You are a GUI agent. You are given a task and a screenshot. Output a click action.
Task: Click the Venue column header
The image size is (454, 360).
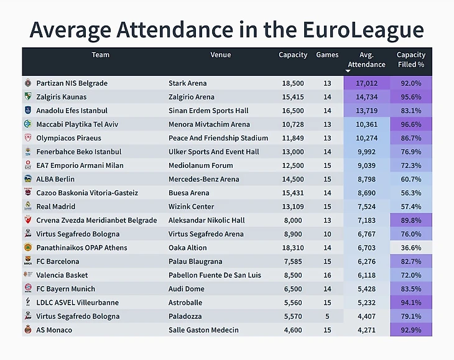tap(220, 55)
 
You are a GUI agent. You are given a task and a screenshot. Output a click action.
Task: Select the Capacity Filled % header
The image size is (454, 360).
tap(410, 60)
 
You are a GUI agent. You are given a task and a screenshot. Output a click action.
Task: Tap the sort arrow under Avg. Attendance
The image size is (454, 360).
tap(348, 72)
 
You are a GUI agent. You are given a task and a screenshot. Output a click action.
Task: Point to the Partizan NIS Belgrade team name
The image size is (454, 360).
tap(72, 83)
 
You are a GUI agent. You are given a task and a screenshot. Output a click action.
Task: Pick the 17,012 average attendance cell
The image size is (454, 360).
tap(366, 83)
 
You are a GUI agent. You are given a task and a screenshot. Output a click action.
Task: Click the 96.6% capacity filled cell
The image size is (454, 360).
tap(410, 124)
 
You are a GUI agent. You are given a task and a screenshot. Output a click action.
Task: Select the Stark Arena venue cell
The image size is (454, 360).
tap(187, 83)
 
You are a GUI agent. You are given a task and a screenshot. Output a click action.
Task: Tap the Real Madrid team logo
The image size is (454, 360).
tap(27, 206)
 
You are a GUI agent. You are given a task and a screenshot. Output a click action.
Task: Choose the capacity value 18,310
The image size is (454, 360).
tap(292, 247)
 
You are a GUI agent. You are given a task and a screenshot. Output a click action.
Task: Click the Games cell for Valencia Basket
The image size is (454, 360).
tap(327, 275)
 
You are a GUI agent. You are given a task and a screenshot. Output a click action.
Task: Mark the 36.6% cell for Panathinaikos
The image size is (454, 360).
tap(410, 247)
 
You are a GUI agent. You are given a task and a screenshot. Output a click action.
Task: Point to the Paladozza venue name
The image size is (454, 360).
tap(186, 316)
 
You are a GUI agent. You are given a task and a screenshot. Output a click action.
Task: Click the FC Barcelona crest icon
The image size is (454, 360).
tap(27, 261)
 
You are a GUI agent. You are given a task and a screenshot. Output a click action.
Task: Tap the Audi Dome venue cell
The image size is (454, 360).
tap(187, 288)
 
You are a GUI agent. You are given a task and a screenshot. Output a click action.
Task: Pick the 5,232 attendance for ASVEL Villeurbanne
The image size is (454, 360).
tap(366, 302)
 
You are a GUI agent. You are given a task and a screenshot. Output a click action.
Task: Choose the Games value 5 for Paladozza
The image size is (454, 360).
tap(327, 316)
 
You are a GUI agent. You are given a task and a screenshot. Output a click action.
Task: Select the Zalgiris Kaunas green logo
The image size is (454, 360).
tap(27, 97)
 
